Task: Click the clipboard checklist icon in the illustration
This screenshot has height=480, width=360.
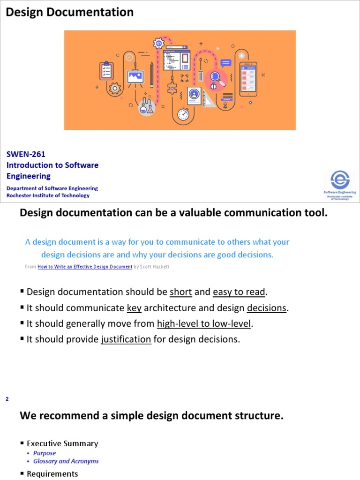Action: pos(106,71)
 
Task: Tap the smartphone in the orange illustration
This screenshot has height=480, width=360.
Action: pos(247,78)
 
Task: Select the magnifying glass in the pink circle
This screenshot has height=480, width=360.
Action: pos(216,77)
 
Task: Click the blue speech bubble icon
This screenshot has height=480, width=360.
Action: pos(226,63)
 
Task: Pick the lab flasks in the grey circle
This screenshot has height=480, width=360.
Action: pos(146,107)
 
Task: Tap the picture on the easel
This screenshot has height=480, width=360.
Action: pos(135,76)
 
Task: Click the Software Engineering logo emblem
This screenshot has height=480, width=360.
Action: pos(340,180)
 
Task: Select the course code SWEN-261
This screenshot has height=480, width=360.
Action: pos(26,154)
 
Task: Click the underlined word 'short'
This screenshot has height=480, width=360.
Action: pos(181,292)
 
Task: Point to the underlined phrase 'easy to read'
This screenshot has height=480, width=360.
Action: pos(239,292)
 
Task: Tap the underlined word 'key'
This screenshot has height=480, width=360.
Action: pos(134,308)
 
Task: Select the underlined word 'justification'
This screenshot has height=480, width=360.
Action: pos(126,339)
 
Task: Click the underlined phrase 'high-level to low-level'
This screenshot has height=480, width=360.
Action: pos(204,323)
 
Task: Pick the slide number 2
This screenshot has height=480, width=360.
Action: pos(7,399)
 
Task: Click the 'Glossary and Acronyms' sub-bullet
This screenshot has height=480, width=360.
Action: pos(66,461)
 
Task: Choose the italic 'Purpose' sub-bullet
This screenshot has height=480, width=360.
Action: pos(45,453)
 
